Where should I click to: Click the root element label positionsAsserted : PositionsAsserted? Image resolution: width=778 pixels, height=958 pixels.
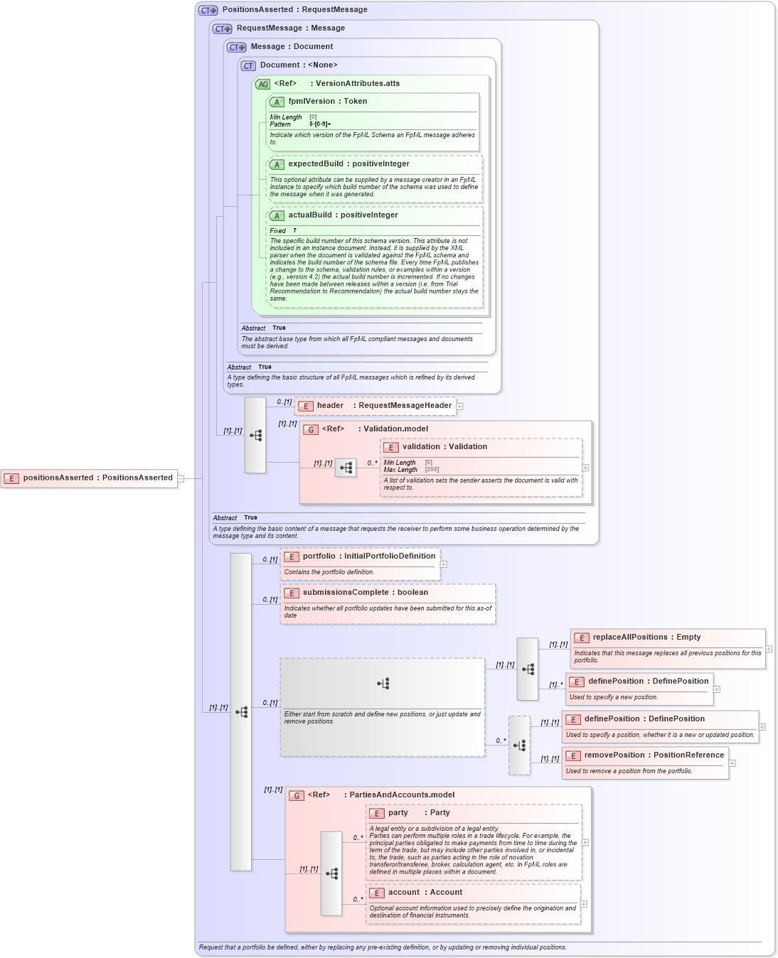[97, 478]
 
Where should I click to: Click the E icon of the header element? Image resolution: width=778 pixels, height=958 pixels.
[306, 407]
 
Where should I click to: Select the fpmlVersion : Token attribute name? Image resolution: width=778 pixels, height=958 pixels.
[327, 102]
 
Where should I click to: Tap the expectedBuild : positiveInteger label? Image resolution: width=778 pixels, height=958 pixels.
[348, 164]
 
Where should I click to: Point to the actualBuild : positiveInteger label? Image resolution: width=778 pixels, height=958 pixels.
[343, 215]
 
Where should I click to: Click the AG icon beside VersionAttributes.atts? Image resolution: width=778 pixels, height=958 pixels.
[263, 84]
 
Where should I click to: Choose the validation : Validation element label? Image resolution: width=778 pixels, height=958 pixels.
[444, 447]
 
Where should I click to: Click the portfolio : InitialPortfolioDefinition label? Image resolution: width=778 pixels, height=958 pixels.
[368, 556]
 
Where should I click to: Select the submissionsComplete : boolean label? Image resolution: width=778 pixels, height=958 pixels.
[365, 593]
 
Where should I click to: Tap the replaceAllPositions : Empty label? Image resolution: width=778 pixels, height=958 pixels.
[646, 637]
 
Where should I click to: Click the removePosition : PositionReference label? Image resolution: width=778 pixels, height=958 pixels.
[654, 755]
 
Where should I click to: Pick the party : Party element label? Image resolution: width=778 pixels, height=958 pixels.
[419, 813]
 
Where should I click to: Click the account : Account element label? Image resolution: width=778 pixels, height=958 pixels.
[425, 893]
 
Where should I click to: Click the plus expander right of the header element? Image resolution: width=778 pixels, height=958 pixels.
[460, 407]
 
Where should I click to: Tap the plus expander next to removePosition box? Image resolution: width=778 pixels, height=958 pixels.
[732, 763]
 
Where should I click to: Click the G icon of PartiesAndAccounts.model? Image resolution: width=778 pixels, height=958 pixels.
[297, 796]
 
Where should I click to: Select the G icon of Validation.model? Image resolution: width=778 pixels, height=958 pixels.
[311, 430]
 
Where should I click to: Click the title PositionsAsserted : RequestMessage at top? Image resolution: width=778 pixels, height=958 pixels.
[294, 10]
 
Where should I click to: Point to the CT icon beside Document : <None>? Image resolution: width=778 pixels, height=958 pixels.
[248, 66]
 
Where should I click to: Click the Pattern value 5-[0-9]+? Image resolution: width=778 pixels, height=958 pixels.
[320, 124]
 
